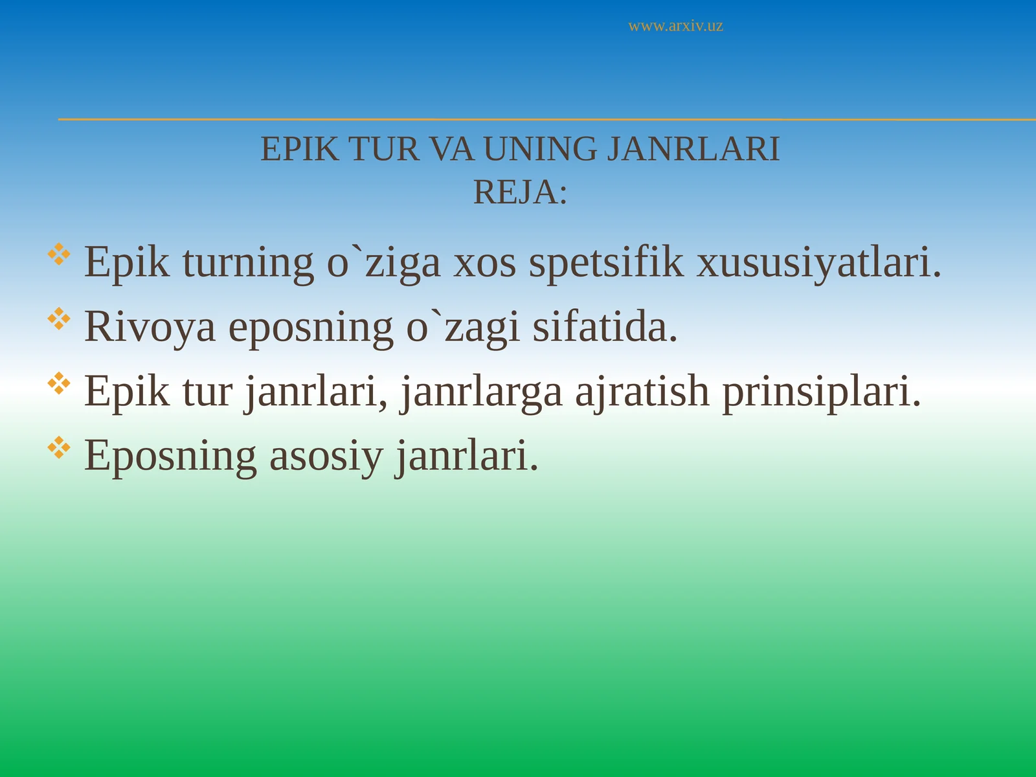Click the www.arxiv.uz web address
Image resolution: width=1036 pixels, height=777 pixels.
click(675, 27)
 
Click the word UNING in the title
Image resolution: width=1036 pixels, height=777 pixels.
click(540, 150)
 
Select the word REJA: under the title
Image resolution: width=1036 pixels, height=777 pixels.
click(520, 192)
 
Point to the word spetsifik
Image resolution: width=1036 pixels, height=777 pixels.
click(605, 263)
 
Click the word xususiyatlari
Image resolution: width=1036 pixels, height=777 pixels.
click(818, 263)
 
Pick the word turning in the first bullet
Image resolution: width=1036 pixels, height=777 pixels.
click(248, 263)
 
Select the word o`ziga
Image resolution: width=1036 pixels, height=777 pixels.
click(383, 263)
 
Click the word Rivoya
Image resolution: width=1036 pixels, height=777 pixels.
click(150, 327)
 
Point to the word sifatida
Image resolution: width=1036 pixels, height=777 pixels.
click(605, 327)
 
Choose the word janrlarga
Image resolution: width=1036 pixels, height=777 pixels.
click(481, 392)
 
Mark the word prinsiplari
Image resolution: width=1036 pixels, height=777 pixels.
click(821, 392)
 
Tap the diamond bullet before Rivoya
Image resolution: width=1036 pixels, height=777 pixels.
click(59, 319)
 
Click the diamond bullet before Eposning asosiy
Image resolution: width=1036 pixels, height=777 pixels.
click(59, 447)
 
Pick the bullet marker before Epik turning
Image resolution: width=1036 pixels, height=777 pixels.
click(59, 254)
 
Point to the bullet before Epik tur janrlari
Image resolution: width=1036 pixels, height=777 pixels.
click(59, 383)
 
